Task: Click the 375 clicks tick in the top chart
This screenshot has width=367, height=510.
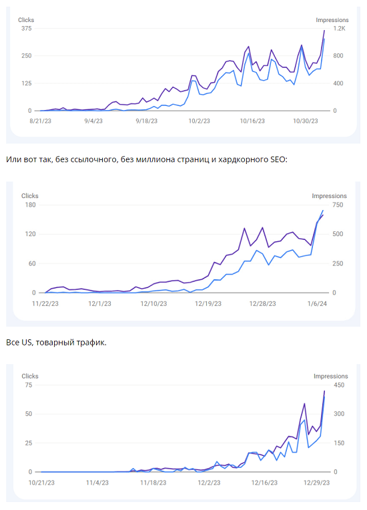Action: [x=26, y=29]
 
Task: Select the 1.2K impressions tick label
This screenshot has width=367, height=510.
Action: [x=339, y=29]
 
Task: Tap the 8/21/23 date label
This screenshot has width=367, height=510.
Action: [x=41, y=121]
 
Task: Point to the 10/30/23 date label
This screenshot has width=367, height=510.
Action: [x=306, y=121]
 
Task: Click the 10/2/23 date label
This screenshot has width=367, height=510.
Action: [x=199, y=121]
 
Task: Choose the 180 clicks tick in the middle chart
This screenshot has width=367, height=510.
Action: [x=29, y=205]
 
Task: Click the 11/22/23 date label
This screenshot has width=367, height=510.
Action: [x=45, y=303]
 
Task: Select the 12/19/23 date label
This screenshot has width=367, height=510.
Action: [x=208, y=303]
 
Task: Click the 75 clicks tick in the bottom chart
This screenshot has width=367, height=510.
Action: [x=28, y=385]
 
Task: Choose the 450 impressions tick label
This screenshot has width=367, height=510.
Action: [x=340, y=385]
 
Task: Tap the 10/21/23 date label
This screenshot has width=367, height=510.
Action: [x=41, y=482]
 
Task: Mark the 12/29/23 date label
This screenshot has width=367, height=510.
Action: [x=315, y=482]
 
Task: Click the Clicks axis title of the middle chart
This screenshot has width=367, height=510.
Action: [x=30, y=196]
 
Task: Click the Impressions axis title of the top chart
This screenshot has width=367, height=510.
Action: [x=332, y=20]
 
